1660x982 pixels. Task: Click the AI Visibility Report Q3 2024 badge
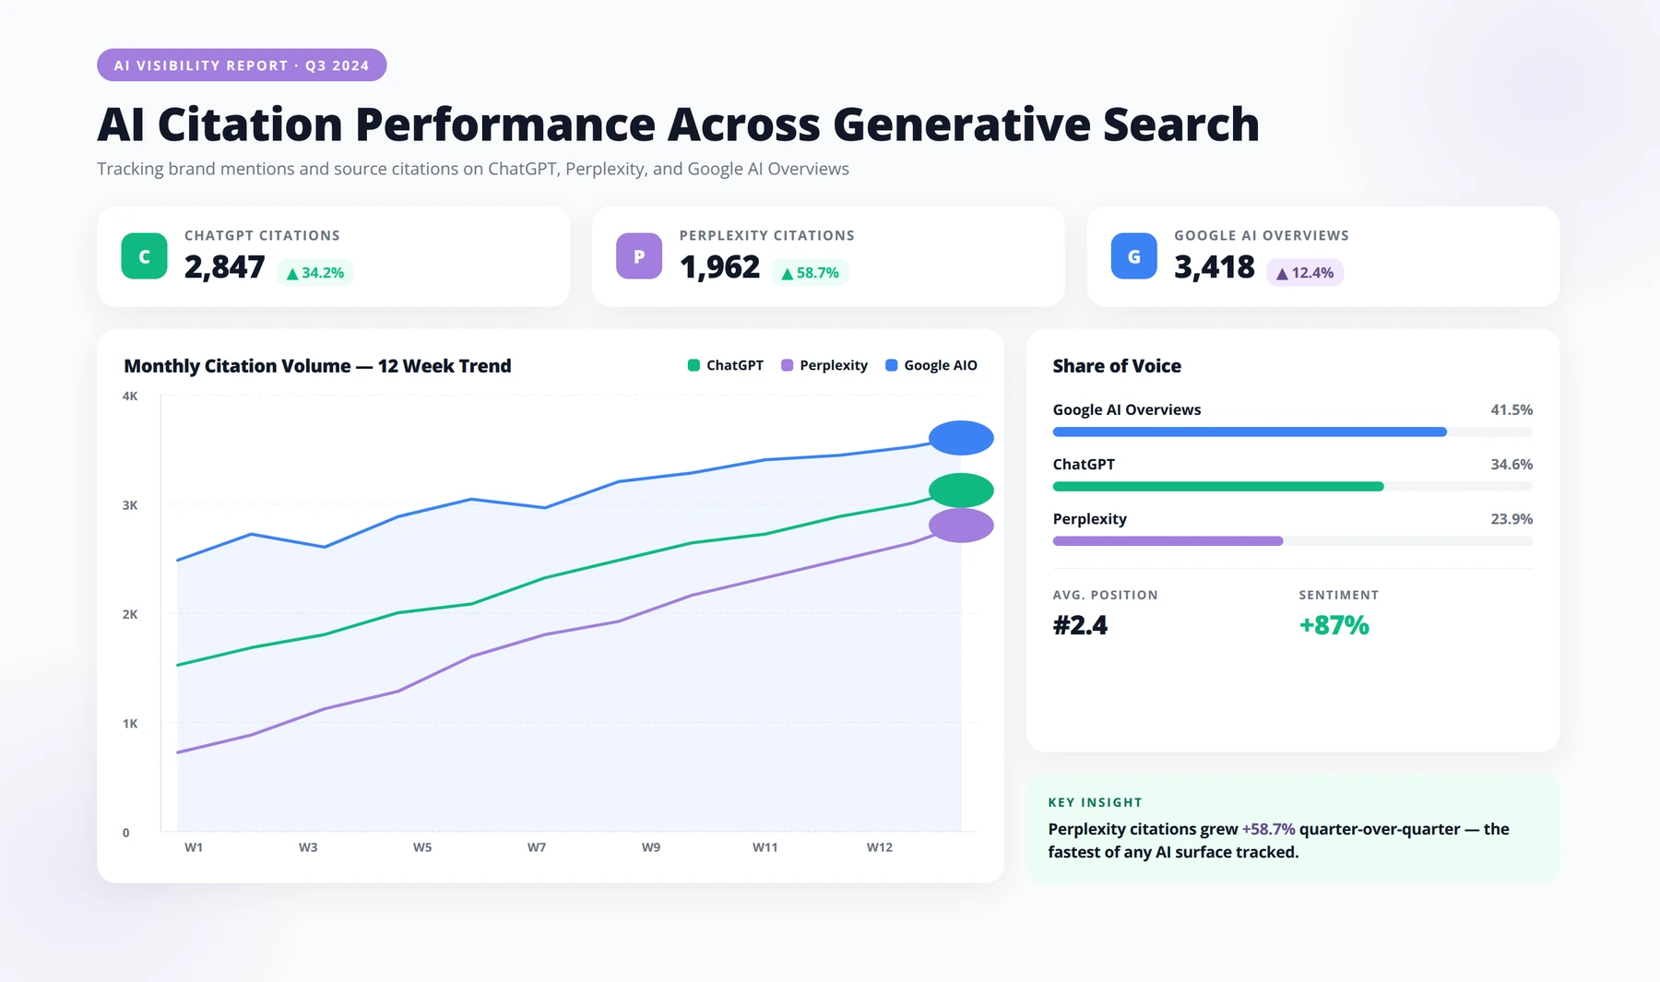point(242,65)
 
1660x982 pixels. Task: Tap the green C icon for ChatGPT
point(144,256)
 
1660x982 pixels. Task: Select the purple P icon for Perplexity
point(639,256)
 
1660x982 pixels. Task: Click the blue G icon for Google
point(1134,256)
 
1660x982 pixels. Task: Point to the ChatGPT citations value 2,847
point(224,267)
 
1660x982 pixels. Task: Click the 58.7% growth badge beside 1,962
point(810,273)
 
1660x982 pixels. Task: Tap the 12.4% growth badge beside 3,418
point(1305,273)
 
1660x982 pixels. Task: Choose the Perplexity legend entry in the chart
point(824,365)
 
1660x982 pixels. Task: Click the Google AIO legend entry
point(931,365)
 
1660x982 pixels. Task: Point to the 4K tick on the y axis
point(130,396)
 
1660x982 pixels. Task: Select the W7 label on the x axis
point(537,847)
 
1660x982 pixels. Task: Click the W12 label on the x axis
point(880,847)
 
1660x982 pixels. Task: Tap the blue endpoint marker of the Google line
point(961,438)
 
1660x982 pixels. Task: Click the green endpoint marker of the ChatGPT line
point(961,491)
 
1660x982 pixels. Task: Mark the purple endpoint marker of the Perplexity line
point(961,526)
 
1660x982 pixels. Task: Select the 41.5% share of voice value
point(1512,409)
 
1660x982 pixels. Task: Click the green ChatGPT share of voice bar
point(1218,487)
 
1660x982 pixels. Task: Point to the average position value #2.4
point(1080,625)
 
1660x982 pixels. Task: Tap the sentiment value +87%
point(1334,625)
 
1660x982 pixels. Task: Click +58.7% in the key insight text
point(1268,829)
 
